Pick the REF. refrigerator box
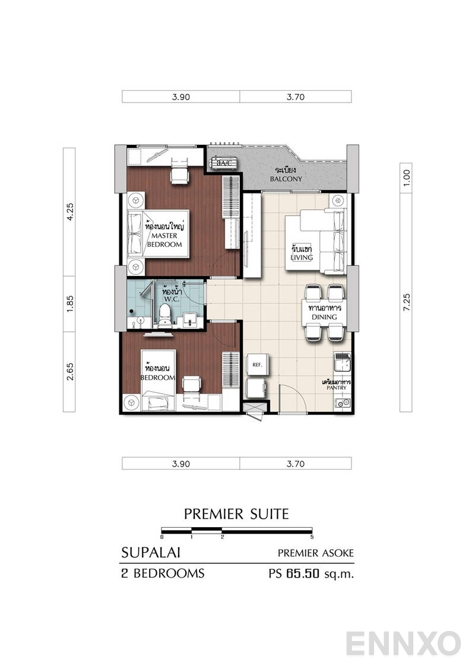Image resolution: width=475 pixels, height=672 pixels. click(x=257, y=364)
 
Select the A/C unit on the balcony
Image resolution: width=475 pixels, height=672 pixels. click(x=223, y=163)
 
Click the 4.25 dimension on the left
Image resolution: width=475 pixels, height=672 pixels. click(x=70, y=212)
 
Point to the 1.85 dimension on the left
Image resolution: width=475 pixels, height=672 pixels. click(x=70, y=304)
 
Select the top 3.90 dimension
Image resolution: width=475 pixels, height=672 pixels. click(x=180, y=97)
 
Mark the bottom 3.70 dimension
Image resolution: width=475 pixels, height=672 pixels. click(x=295, y=464)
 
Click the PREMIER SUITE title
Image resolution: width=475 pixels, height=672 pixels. click(x=236, y=513)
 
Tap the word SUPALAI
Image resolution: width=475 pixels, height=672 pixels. click(x=151, y=553)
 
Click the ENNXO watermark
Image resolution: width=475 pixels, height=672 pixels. click(x=404, y=643)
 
